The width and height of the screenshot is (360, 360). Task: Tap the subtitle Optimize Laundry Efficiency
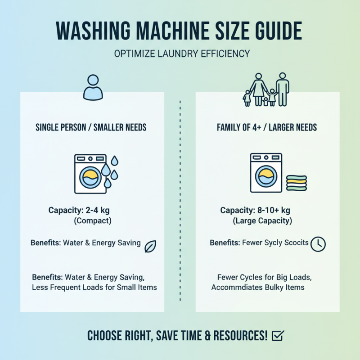(182, 54)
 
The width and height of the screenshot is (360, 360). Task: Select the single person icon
(93, 87)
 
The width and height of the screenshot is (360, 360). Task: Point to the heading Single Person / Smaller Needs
(91, 127)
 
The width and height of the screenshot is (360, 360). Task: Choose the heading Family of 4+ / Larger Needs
(267, 127)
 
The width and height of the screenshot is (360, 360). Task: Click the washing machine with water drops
(90, 174)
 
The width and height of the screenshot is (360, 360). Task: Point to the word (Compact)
(92, 221)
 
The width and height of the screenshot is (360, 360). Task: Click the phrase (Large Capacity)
(262, 221)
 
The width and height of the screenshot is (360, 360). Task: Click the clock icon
(318, 243)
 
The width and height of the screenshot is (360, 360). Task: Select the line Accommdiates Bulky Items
(258, 287)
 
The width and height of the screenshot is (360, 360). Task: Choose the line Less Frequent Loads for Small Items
(94, 287)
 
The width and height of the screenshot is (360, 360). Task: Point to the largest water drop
(106, 170)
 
